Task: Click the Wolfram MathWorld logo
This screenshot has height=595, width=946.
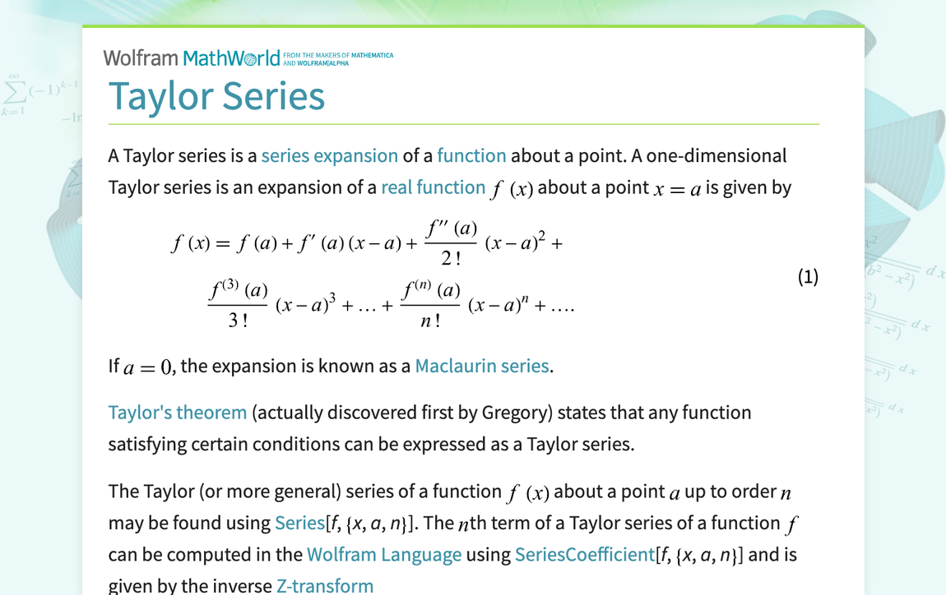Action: click(191, 58)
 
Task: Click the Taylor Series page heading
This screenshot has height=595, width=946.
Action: click(216, 95)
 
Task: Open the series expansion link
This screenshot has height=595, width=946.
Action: click(329, 155)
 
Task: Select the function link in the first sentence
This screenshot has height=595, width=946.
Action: click(471, 155)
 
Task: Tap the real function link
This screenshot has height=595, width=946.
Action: click(433, 187)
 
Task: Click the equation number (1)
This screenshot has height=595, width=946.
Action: click(808, 276)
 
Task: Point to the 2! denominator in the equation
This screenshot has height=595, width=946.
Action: click(451, 259)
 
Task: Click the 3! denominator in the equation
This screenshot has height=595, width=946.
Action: click(238, 321)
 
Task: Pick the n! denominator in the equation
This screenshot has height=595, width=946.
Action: click(430, 321)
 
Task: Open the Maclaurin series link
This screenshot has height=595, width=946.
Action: click(481, 366)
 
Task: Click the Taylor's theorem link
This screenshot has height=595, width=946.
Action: click(178, 412)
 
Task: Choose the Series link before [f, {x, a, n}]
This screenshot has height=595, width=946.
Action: click(299, 523)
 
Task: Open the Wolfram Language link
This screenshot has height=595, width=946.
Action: click(383, 555)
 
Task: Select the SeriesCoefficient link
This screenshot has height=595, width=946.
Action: click(584, 555)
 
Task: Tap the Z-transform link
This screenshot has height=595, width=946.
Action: click(324, 586)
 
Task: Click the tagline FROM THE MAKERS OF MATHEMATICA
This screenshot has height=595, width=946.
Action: click(338, 55)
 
